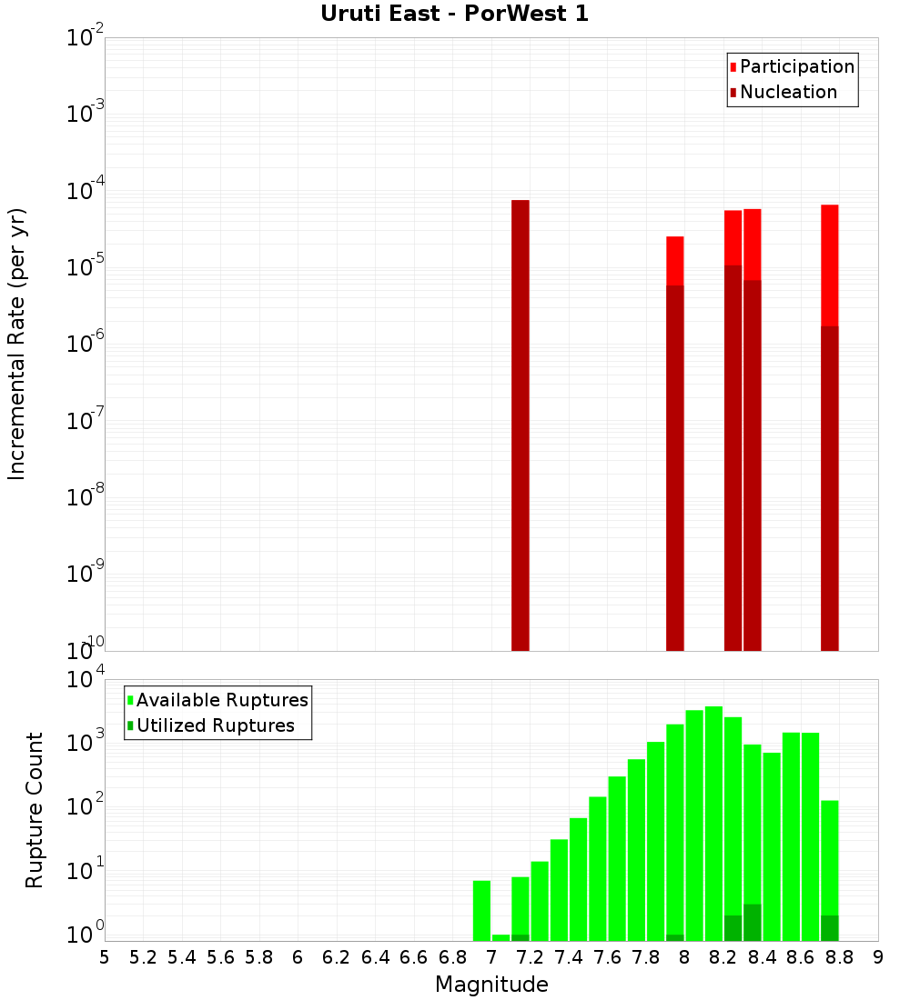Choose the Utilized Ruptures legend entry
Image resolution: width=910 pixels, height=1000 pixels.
[x=215, y=725]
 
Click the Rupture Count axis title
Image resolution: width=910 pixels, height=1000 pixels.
[x=35, y=809]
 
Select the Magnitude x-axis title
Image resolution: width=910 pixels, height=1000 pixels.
[x=491, y=985]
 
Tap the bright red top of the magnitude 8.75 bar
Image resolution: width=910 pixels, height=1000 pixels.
[x=829, y=264]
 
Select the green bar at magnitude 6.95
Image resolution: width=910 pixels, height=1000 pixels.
[x=481, y=910]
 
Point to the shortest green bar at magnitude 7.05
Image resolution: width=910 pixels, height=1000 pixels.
[x=500, y=937]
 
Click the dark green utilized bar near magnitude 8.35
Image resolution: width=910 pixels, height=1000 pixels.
[x=752, y=922]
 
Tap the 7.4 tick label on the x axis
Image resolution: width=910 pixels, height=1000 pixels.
[x=568, y=958]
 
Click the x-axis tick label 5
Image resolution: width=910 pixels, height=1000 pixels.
[x=105, y=958]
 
